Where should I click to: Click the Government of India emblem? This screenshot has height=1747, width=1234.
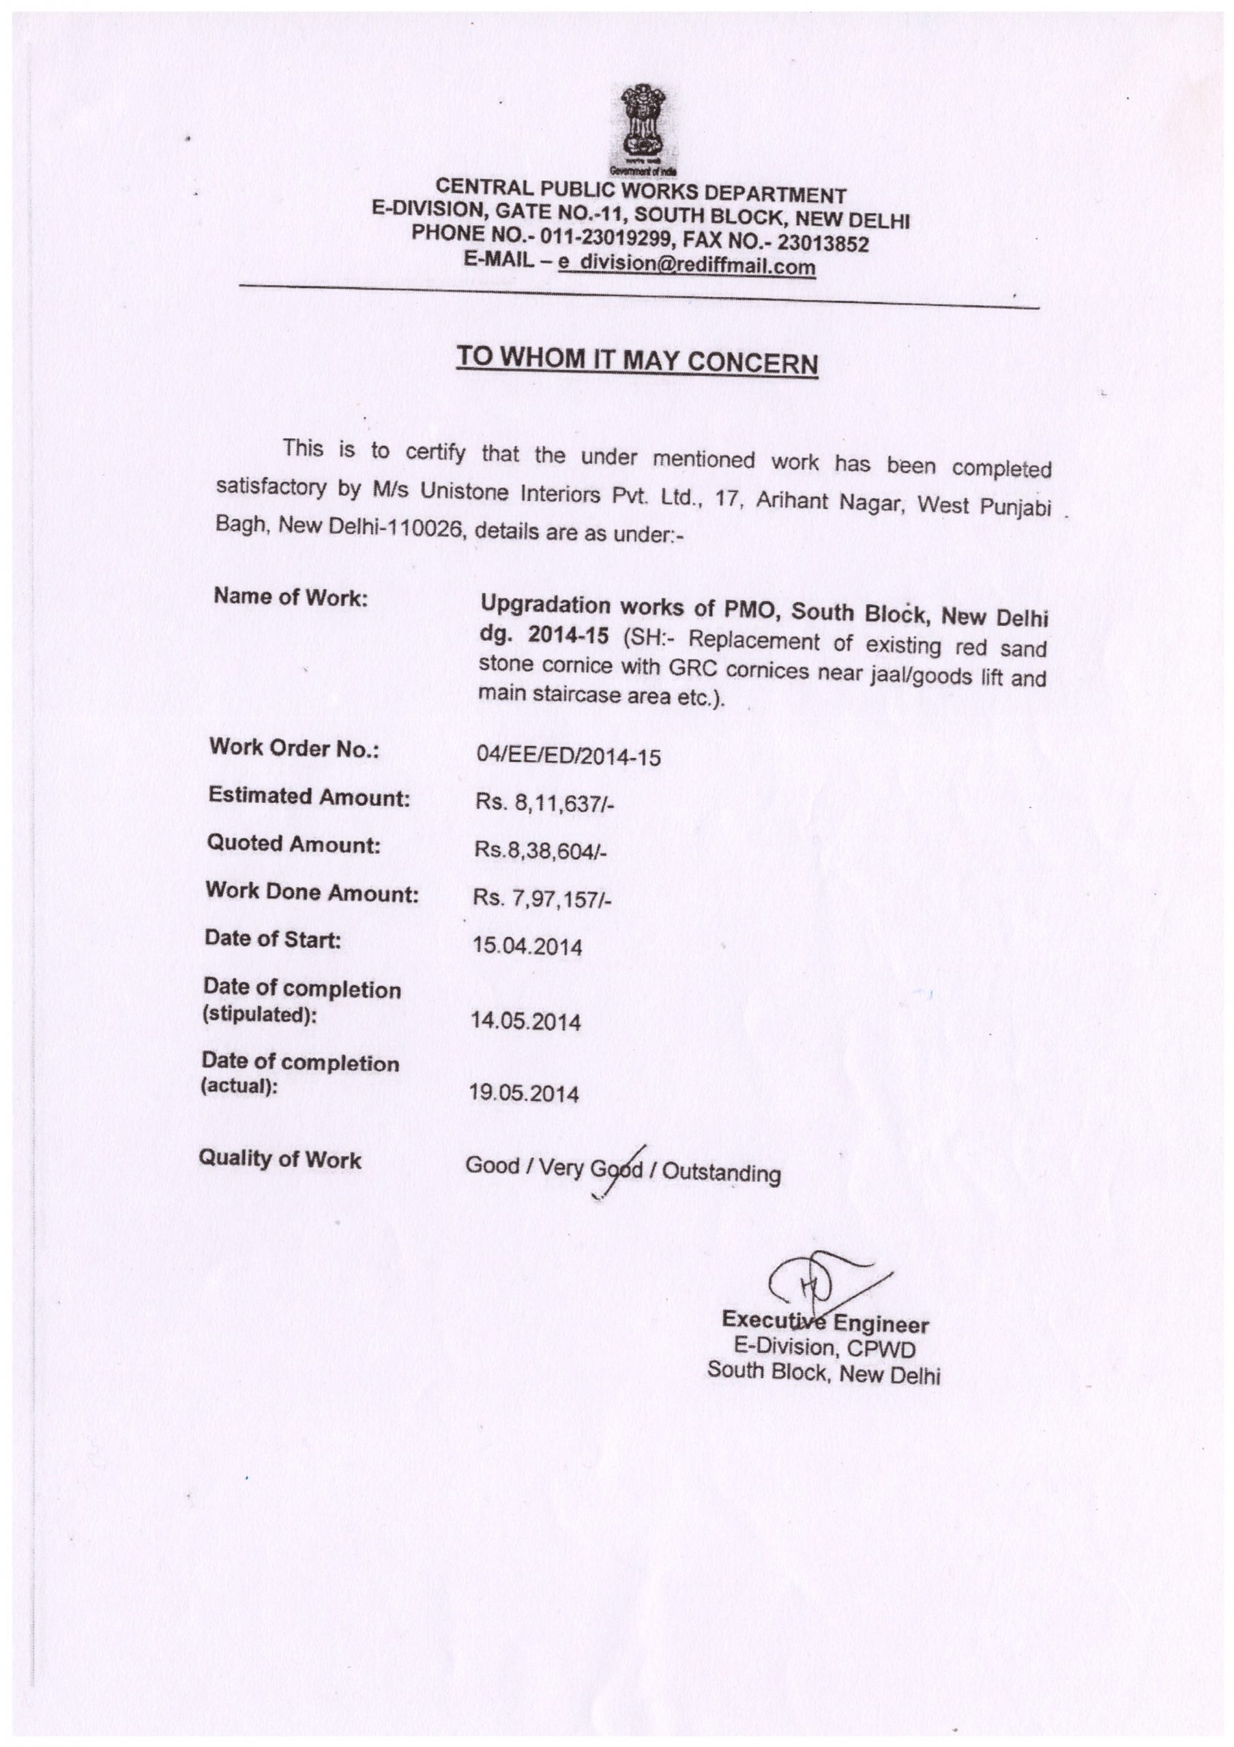(x=644, y=126)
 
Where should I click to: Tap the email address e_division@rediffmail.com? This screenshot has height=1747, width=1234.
(x=686, y=264)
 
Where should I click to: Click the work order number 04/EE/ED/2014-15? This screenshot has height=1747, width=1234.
(x=568, y=755)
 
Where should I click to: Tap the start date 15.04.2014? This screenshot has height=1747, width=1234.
(x=527, y=947)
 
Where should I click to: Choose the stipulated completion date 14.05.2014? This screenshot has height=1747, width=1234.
(x=526, y=1020)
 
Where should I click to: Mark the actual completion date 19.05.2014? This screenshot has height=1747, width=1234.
(x=523, y=1093)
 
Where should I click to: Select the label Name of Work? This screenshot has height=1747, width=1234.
(x=290, y=596)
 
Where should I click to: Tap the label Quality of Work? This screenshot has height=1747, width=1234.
(x=279, y=1159)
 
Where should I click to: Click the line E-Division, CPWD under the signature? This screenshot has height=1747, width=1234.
(x=824, y=1348)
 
